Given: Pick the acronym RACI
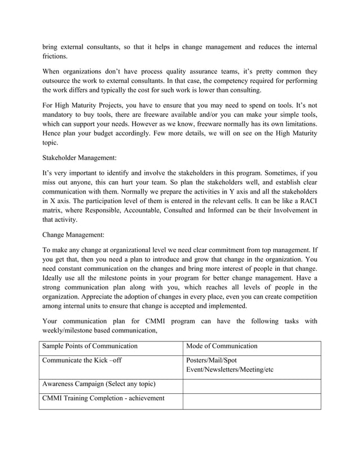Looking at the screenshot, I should [306, 200].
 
